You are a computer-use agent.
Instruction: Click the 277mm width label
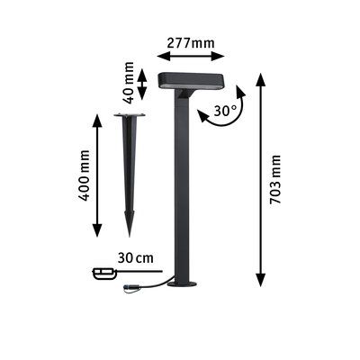(x=191, y=42)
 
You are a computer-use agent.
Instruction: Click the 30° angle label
(x=225, y=112)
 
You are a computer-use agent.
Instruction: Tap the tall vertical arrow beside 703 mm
(x=259, y=176)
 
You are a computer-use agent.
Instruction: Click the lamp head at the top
(x=191, y=81)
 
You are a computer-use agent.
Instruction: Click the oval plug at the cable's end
(x=104, y=272)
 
